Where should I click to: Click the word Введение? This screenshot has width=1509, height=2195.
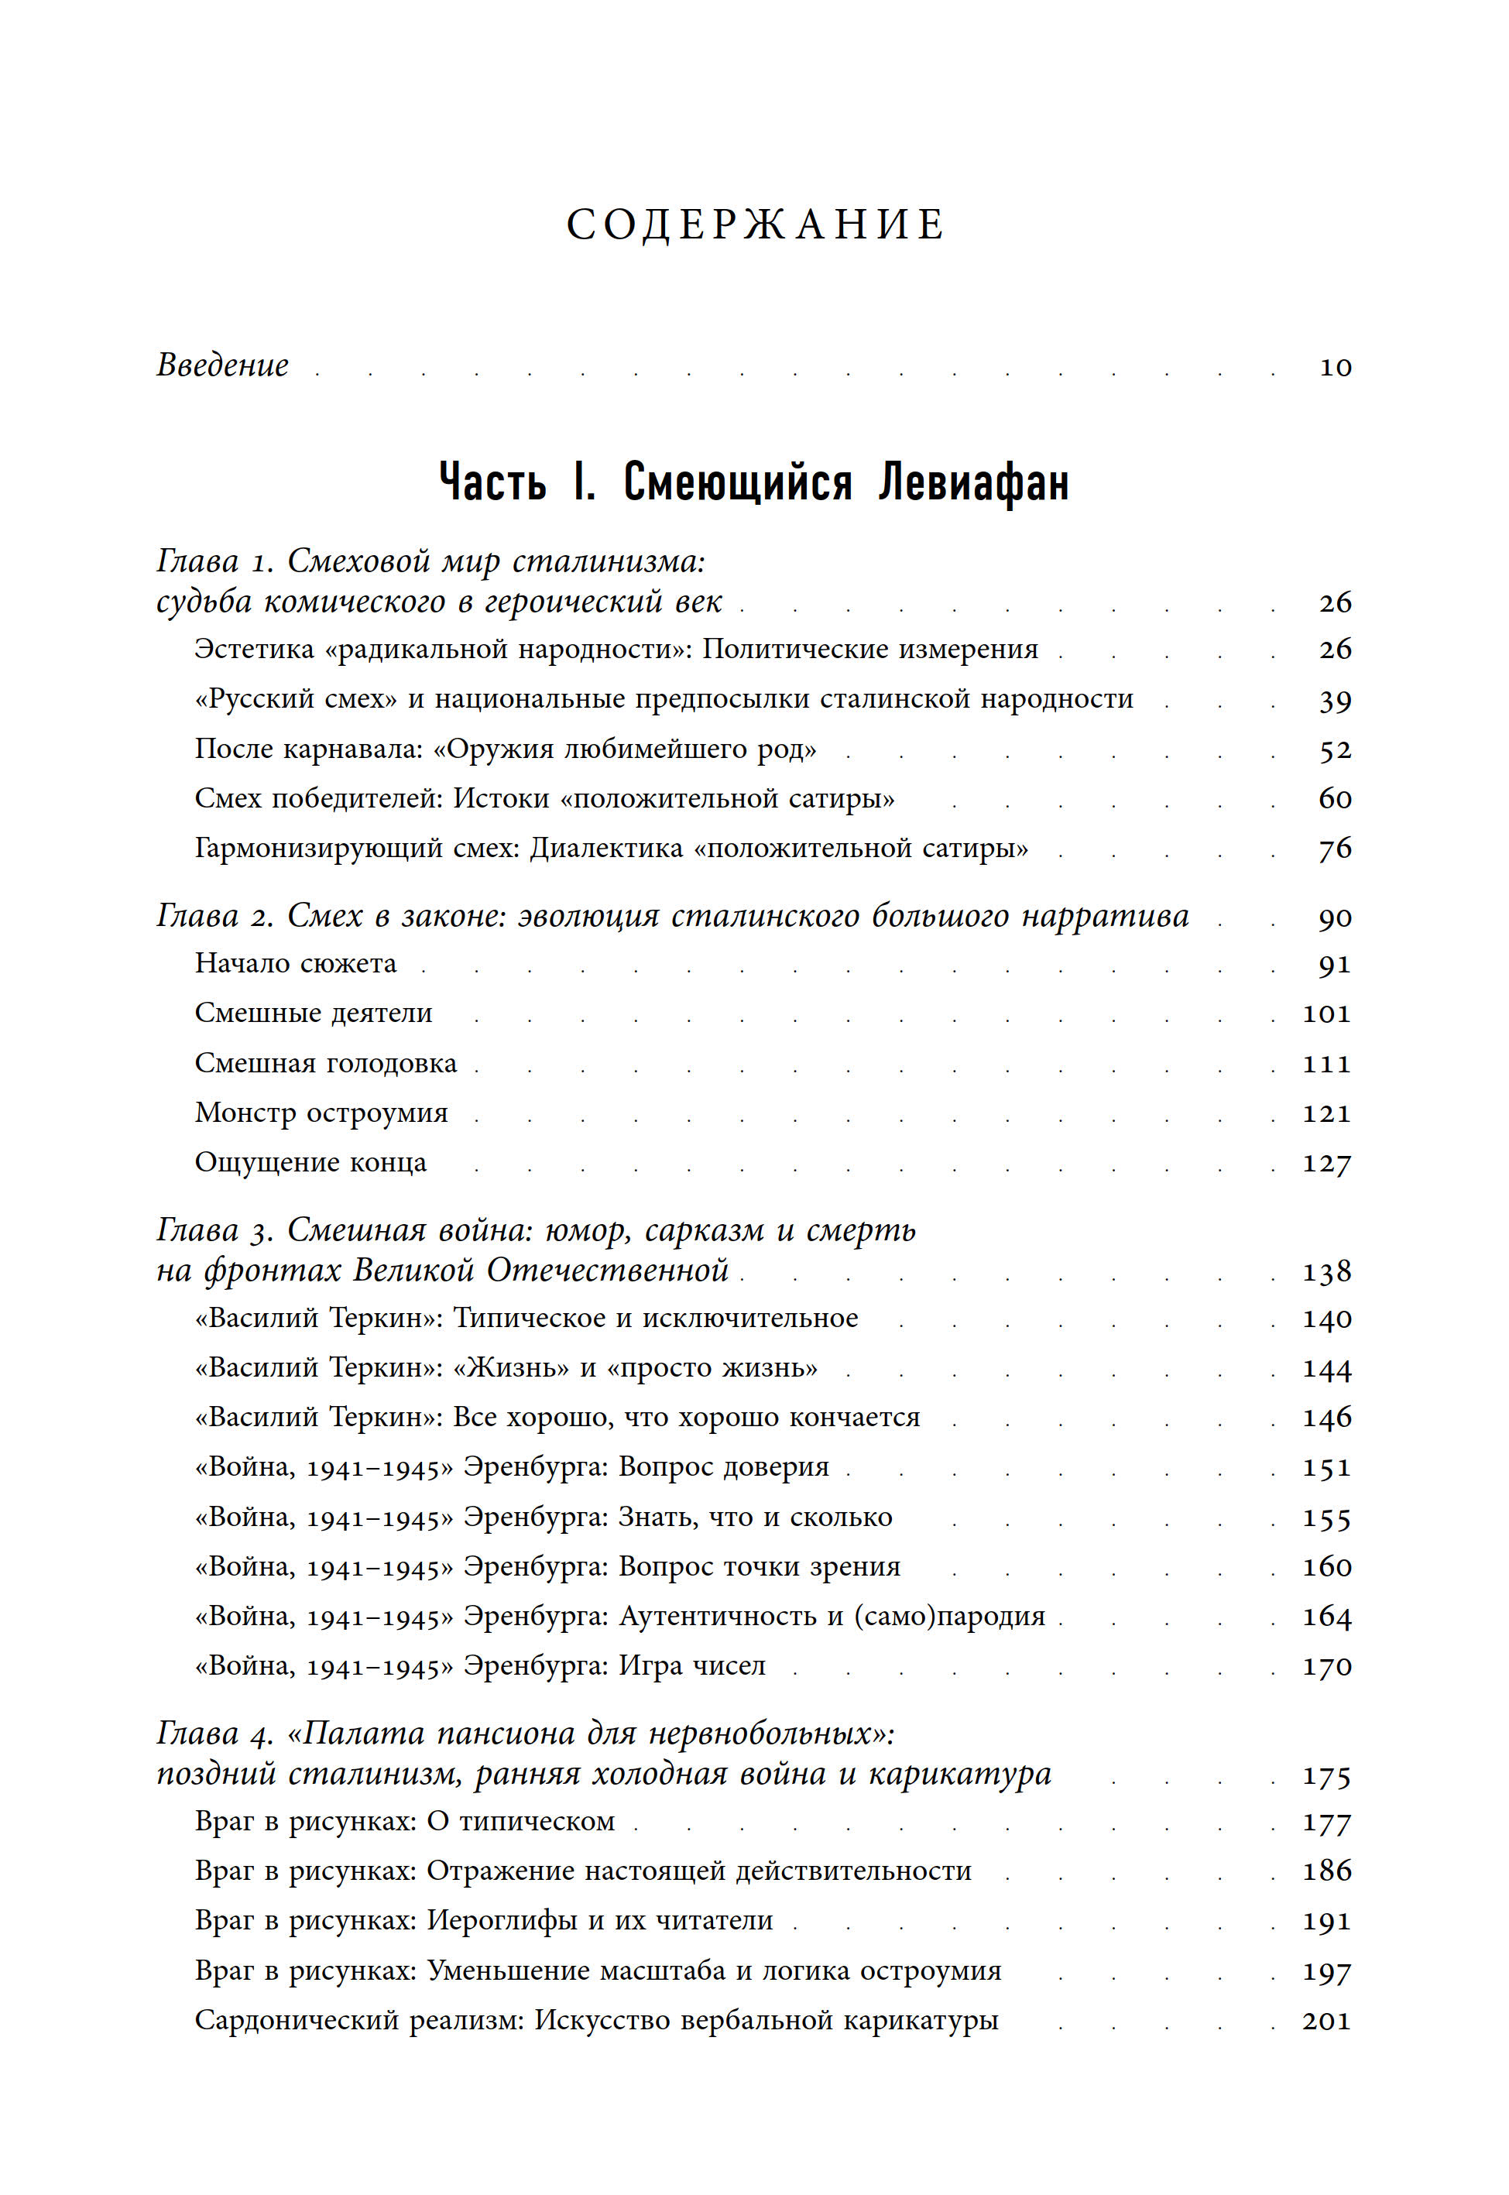[222, 365]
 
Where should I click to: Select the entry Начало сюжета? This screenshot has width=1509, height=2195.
[295, 963]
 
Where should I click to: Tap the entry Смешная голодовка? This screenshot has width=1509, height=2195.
[325, 1064]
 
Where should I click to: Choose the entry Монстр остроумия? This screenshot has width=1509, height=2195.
[321, 1113]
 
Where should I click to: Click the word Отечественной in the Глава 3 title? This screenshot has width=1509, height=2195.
[607, 1271]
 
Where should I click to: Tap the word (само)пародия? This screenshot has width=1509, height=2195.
[949, 1617]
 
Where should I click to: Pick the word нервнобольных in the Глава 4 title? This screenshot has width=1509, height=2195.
[763, 1734]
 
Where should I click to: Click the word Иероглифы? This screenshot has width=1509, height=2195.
[502, 1920]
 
